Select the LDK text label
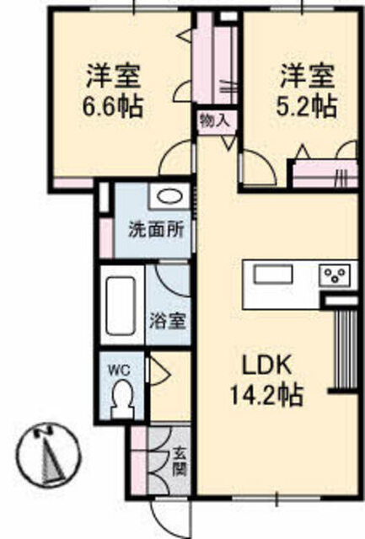pos(267,366)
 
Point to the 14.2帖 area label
pos(266,395)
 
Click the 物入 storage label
pos(215,120)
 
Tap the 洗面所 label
pos(156,230)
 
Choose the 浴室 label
pos(168,321)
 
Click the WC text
pos(120,370)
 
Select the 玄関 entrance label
pos(180,461)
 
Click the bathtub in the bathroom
pos(121,306)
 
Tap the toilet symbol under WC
pos(121,400)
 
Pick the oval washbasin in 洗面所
pos(169,197)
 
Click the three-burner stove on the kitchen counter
pos(335,275)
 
